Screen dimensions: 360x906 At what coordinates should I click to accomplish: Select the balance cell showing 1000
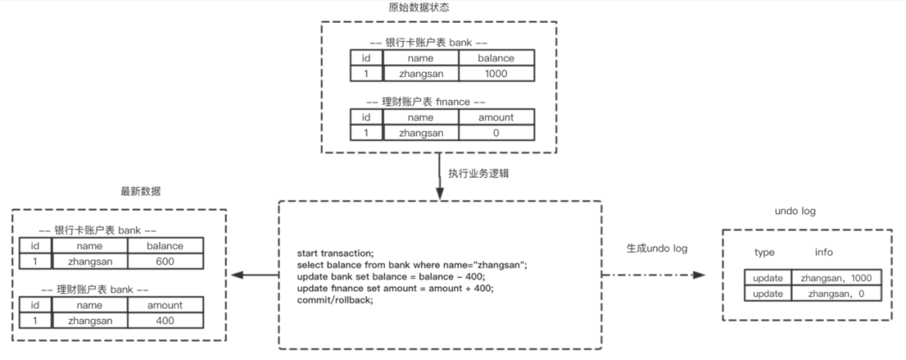click(495, 74)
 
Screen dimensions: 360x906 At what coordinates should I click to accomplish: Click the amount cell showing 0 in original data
click(495, 133)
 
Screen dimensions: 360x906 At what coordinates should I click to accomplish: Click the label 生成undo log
click(657, 249)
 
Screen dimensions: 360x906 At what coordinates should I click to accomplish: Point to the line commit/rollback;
click(335, 300)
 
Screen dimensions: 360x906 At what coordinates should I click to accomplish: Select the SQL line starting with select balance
click(411, 264)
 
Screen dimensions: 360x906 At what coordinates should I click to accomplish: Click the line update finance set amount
click(395, 288)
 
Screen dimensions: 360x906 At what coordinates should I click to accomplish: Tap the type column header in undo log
click(764, 252)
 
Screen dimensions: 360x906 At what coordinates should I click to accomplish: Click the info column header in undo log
click(824, 252)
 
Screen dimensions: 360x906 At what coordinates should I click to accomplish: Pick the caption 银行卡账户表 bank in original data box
click(430, 42)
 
